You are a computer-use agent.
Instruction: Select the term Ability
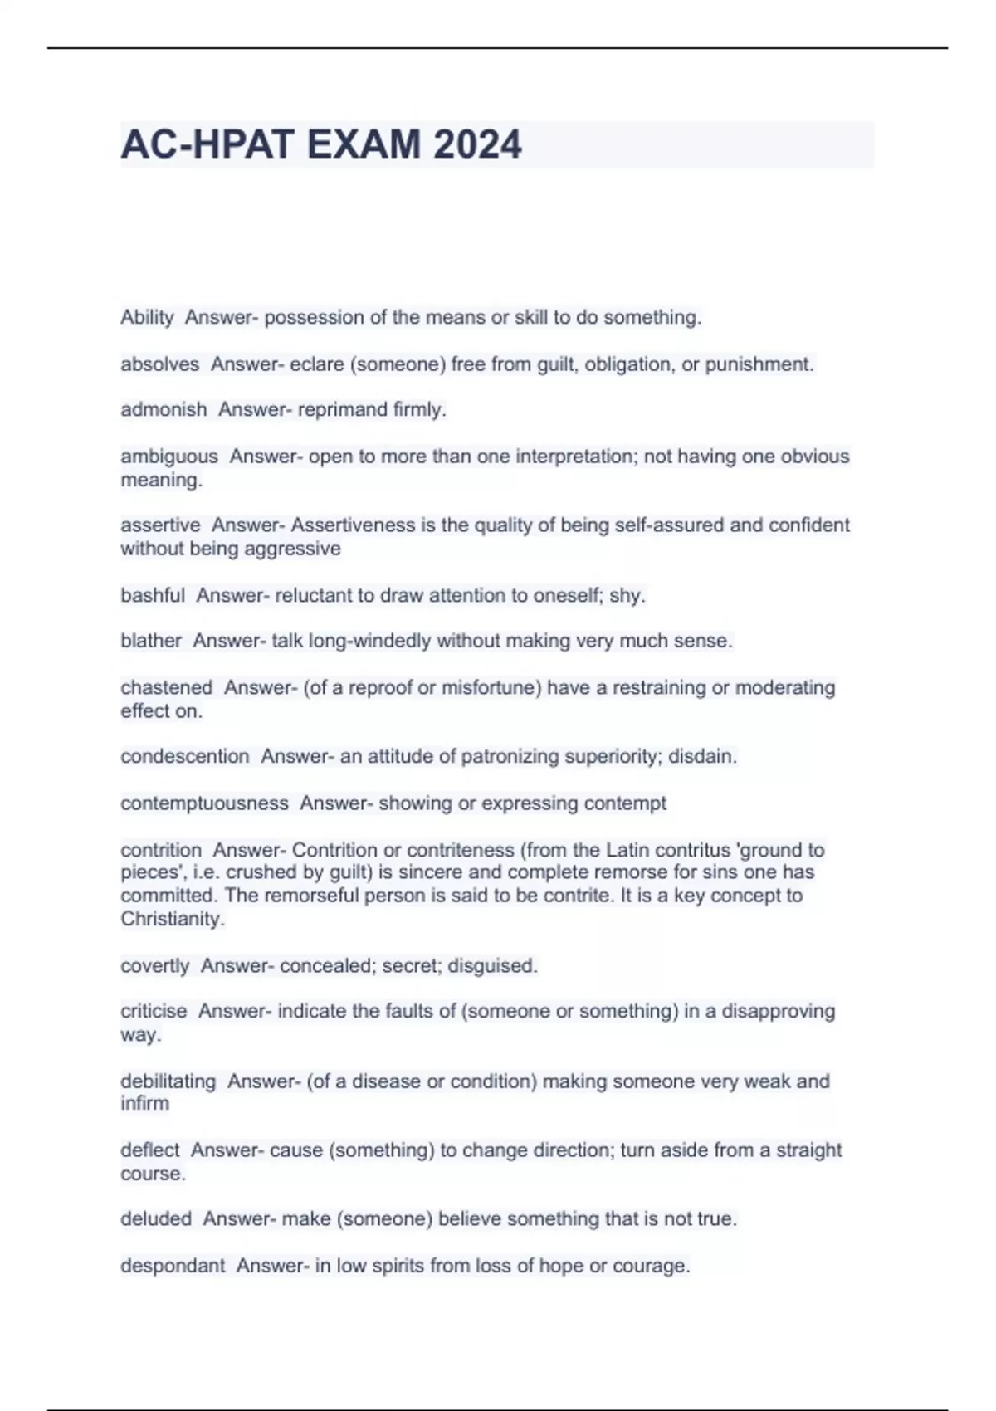coord(147,318)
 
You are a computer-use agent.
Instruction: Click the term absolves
coord(159,364)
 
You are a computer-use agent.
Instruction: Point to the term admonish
coord(164,410)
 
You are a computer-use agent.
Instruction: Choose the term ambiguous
coord(169,456)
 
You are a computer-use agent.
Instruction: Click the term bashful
coord(153,595)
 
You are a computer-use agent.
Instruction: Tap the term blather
coord(151,641)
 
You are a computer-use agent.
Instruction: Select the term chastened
coord(166,688)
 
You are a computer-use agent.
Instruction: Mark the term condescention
coord(184,757)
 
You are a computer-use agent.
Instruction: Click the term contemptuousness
coord(204,803)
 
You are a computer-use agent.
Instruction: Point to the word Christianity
coord(172,920)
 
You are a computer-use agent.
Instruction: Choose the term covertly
coord(155,966)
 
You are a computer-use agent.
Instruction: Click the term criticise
coord(154,1011)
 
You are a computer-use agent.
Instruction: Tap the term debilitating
coord(168,1081)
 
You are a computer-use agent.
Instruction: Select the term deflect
coord(149,1150)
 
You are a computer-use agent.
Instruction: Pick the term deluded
coord(156,1219)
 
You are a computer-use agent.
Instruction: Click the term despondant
coord(173,1266)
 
